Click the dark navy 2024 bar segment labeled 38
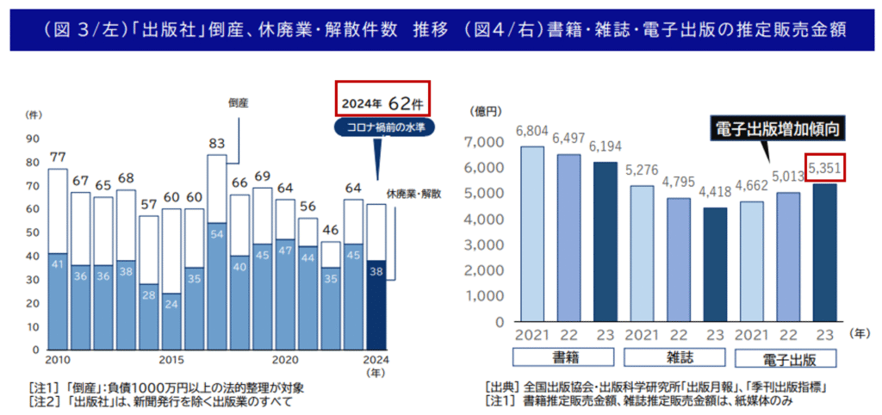376,305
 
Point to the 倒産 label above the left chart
239,102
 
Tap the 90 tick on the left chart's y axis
34,138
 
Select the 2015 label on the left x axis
171,360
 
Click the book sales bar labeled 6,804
531,233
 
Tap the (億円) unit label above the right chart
483,112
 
